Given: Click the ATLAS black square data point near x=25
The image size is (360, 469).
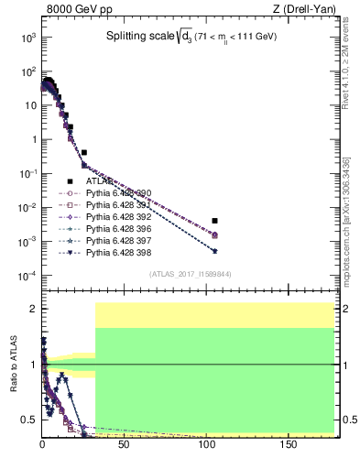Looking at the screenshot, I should coord(83,152).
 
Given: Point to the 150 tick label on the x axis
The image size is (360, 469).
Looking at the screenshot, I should coord(288,444).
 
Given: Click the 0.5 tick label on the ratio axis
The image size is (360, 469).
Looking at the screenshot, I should coord(29,420).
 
